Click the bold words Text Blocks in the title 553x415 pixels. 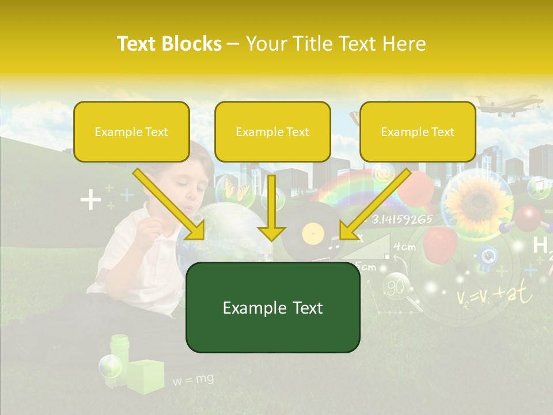(x=169, y=44)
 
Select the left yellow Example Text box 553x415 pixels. (x=131, y=132)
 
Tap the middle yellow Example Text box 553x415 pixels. (x=272, y=132)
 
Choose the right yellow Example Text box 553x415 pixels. (x=418, y=132)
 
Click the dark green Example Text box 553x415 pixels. (x=272, y=308)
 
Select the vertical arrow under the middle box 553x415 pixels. (x=271, y=207)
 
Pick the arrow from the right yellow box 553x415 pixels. (x=375, y=204)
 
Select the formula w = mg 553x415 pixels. (x=193, y=379)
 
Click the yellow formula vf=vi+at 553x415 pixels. (x=494, y=296)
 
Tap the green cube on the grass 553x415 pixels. (x=145, y=376)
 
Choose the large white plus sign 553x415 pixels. (x=90, y=201)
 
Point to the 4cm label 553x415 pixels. (x=404, y=247)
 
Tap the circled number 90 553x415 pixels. (x=395, y=287)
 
